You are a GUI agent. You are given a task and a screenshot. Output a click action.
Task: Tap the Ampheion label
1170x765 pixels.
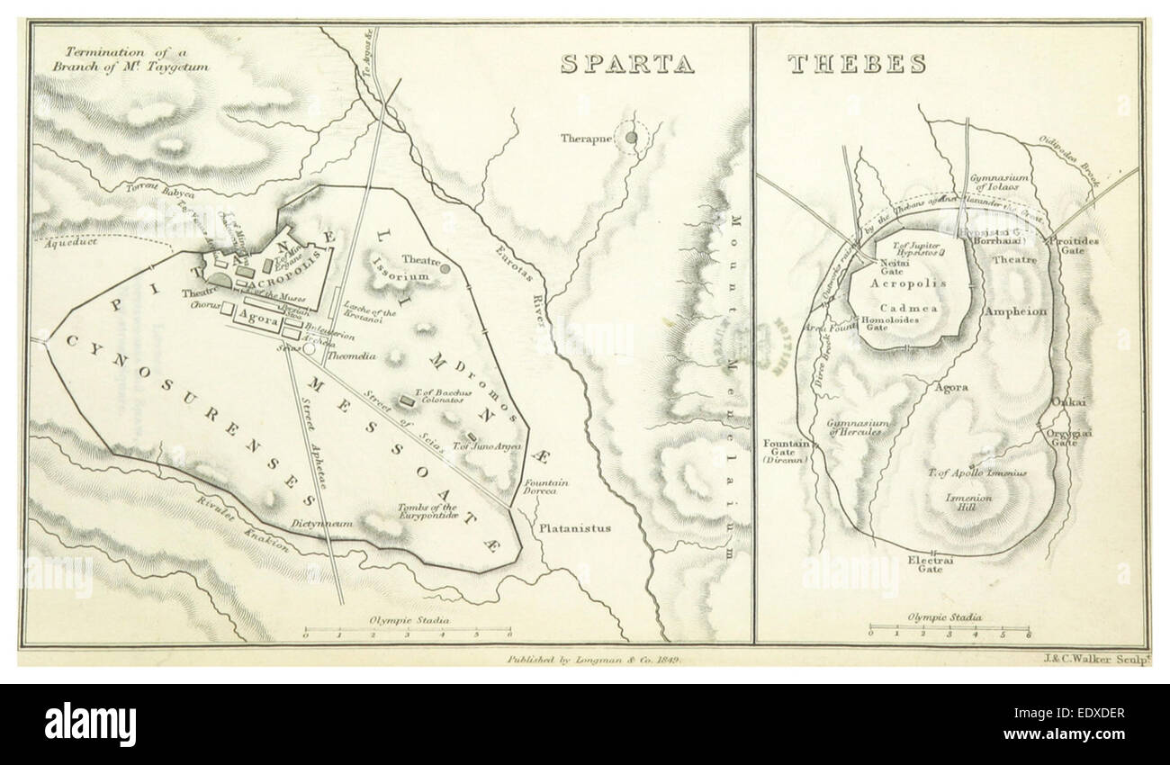[x=1017, y=311]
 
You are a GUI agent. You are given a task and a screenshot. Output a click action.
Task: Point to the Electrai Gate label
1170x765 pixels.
[x=931, y=563]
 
